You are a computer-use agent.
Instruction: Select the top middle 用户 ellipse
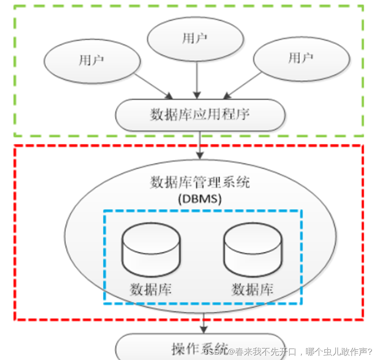pyautogui.click(x=195, y=40)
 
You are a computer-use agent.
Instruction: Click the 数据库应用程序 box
pyautogui.click(x=200, y=115)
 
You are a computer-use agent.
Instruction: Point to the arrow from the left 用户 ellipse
pyautogui.click(x=152, y=85)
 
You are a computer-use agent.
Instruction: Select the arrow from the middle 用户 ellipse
pyautogui.click(x=196, y=80)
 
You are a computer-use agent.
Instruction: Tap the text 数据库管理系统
pyautogui.click(x=200, y=182)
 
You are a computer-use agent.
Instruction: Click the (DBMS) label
pyautogui.click(x=200, y=199)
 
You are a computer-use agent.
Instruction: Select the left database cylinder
pyautogui.click(x=151, y=250)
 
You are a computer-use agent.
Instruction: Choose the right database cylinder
pyautogui.click(x=252, y=250)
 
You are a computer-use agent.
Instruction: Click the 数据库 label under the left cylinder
pyautogui.click(x=151, y=289)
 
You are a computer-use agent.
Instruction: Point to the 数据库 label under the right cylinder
pyautogui.click(x=252, y=289)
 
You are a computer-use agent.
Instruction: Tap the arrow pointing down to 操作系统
pyautogui.click(x=204, y=325)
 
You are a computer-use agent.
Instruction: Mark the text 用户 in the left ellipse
pyautogui.click(x=91, y=60)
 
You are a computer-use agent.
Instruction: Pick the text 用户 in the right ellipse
pyautogui.click(x=301, y=57)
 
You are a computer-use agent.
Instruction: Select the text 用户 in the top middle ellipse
pyautogui.click(x=195, y=38)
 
